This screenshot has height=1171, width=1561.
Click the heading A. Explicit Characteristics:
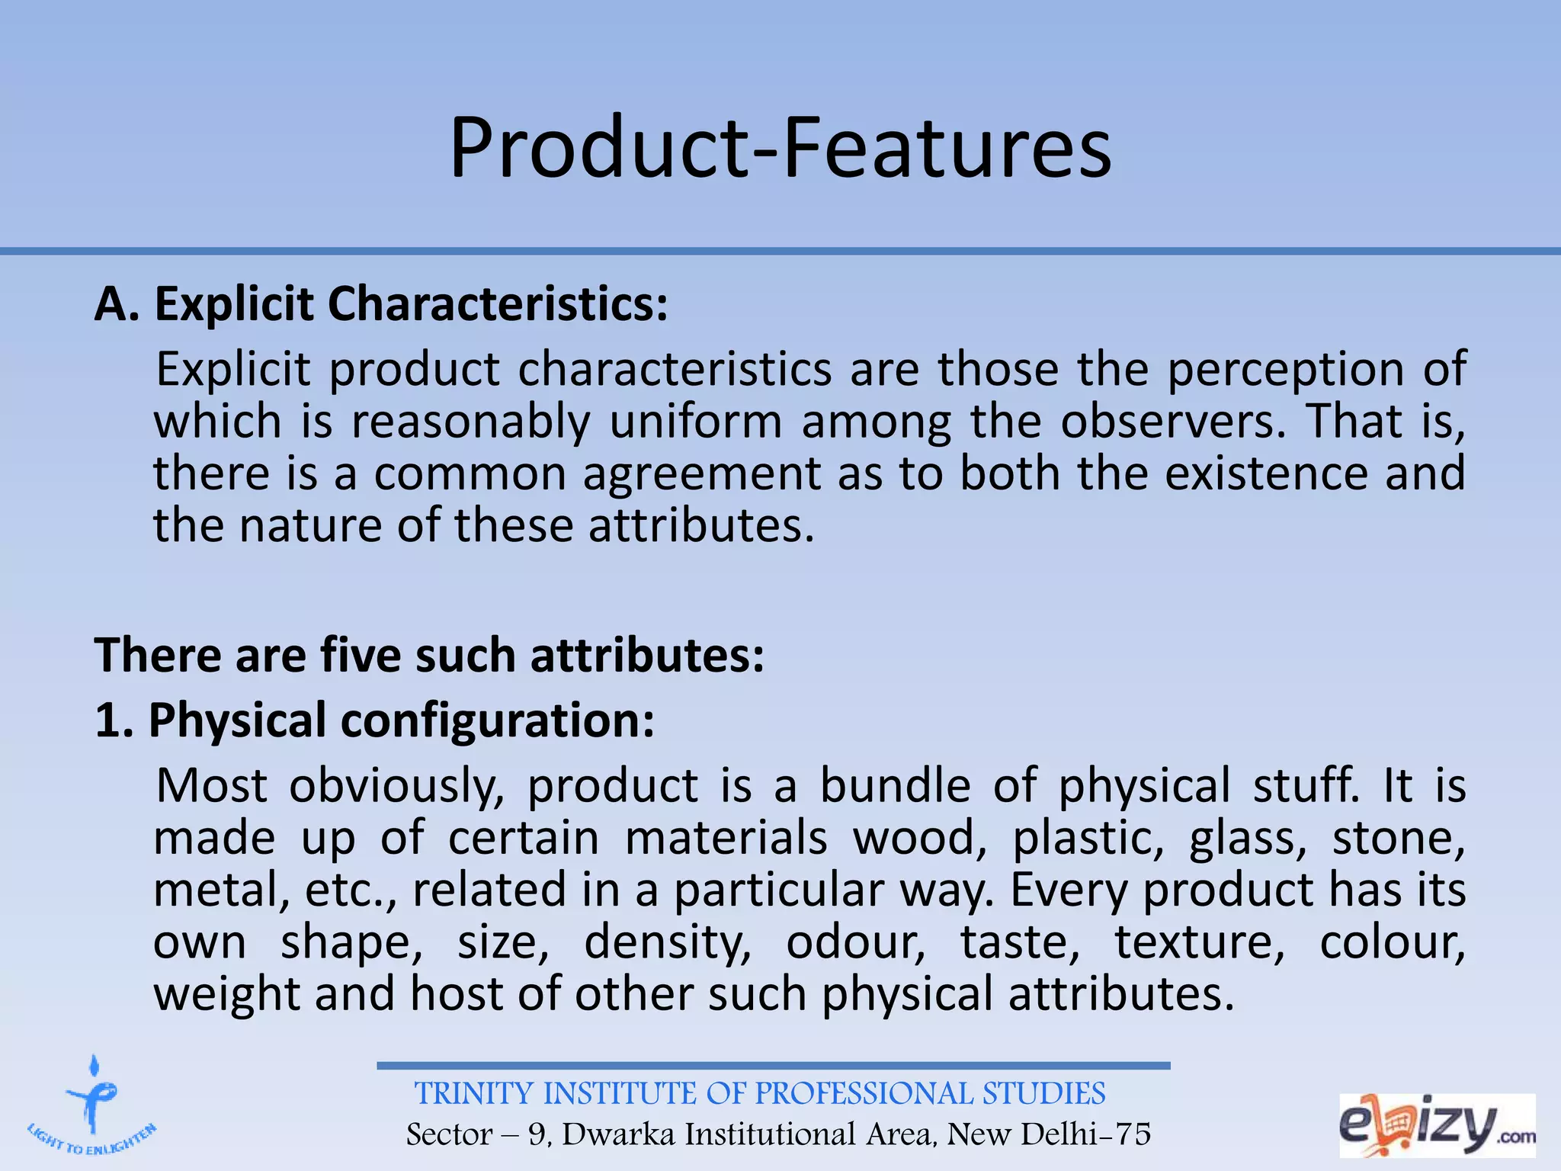(381, 304)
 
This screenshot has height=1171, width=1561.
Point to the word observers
(1172, 422)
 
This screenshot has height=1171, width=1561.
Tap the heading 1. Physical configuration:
(374, 720)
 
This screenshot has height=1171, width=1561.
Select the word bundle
(895, 786)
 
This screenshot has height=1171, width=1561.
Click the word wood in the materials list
(914, 839)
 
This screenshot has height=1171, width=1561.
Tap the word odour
(854, 942)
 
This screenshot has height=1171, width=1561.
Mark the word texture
(1199, 942)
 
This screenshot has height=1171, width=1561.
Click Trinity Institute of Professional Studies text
(760, 1094)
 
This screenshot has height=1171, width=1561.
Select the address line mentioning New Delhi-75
(778, 1134)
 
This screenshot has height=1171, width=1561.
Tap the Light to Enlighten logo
(92, 1109)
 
